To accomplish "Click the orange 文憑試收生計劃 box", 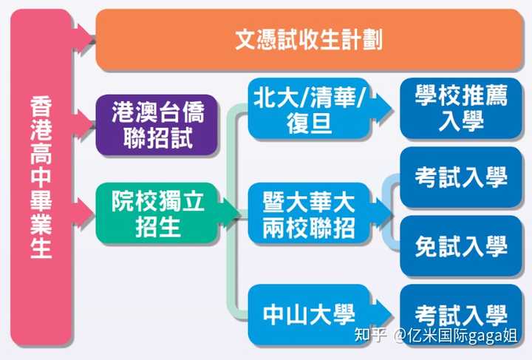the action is pos(310,40).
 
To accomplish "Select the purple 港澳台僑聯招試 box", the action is pos(157,125).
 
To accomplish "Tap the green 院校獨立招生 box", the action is pos(157,214).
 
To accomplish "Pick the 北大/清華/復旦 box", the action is pos(309,109).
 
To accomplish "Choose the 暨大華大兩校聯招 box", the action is pos(309,214).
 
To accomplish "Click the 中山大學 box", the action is pos(309,315).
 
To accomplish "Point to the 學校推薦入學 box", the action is pos(461,109).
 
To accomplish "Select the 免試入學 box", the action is pos(461,246).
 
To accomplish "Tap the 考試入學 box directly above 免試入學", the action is pos(461,177).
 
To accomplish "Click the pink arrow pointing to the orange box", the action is pos(83,38).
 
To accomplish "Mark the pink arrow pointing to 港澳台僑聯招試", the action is pos(83,124).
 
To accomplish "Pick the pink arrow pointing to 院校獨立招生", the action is pos(83,213).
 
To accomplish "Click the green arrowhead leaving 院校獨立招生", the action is pos(228,214).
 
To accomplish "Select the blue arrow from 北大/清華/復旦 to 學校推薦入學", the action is pos(381,109).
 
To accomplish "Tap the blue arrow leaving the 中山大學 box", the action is pos(381,315).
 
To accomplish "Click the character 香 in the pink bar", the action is pos(41,107).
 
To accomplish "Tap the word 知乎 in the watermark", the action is pos(371,335).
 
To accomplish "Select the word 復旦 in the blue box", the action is pos(309,122).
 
